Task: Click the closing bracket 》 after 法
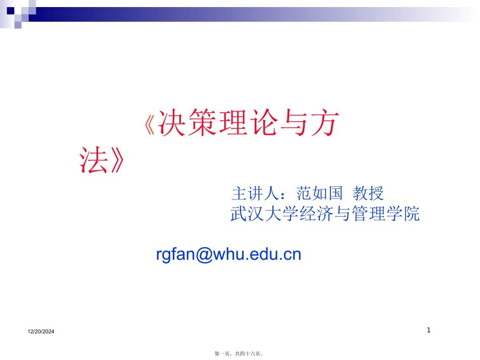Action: pos(117,161)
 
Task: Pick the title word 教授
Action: pos(368,193)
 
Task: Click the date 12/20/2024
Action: pos(41,331)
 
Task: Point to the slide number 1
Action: pos(428,330)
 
